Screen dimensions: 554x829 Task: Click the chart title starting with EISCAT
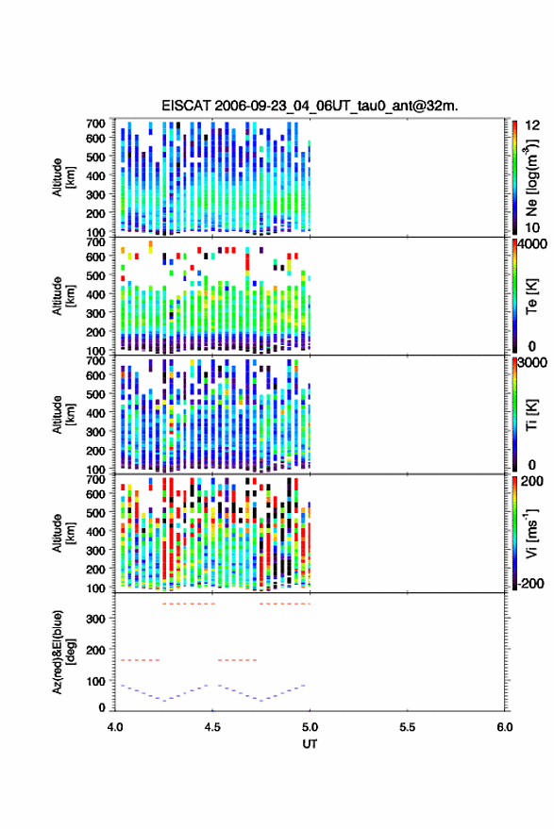pyautogui.click(x=310, y=106)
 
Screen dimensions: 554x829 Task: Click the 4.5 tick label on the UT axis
pyautogui.click(x=212, y=727)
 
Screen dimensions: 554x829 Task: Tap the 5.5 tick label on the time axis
pyautogui.click(x=407, y=727)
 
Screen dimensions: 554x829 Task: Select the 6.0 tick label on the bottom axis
pyautogui.click(x=504, y=727)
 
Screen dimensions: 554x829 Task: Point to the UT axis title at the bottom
pyautogui.click(x=310, y=744)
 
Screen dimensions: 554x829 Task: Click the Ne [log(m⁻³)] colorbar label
pyautogui.click(x=531, y=177)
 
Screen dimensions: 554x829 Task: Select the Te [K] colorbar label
pyautogui.click(x=531, y=296)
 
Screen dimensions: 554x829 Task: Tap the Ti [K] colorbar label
pyautogui.click(x=531, y=415)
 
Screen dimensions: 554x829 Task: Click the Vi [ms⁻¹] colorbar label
pyautogui.click(x=531, y=533)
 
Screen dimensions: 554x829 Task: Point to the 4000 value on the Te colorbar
pyautogui.click(x=532, y=244)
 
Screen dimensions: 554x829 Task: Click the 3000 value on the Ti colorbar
pyautogui.click(x=532, y=363)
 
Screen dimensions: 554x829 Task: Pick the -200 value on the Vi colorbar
pyautogui.click(x=530, y=584)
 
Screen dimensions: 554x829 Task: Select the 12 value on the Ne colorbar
pyautogui.click(x=532, y=125)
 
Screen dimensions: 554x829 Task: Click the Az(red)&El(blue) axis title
pyautogui.click(x=63, y=652)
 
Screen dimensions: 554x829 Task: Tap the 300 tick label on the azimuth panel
pyautogui.click(x=95, y=619)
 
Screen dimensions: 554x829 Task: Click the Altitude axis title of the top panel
pyautogui.click(x=63, y=177)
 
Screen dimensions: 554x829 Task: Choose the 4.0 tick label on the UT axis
pyautogui.click(x=115, y=727)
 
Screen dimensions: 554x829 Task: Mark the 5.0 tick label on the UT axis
pyautogui.click(x=310, y=727)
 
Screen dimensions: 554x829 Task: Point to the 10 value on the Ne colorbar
pyautogui.click(x=532, y=228)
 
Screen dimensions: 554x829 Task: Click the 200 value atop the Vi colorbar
pyautogui.click(x=531, y=481)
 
